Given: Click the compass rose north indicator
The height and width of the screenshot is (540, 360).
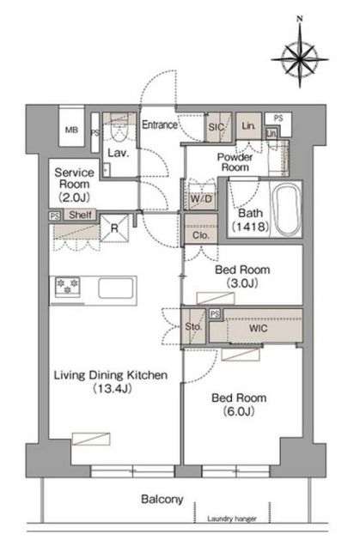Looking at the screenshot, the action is point(300,19).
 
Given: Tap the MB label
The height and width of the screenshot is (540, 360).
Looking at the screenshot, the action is point(71,130).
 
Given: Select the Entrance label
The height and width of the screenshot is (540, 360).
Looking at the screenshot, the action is point(160,124).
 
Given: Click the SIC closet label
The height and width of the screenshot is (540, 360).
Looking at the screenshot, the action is point(217,127).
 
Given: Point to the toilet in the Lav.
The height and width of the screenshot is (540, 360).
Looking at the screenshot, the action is point(119,132).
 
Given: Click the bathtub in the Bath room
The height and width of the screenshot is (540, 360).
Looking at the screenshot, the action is point(284,209).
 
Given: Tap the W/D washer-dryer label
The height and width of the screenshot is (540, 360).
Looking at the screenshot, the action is point(201,198).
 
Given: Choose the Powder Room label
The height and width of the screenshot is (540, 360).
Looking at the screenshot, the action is point(235,162).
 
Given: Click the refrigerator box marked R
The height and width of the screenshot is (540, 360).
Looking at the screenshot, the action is point(114,228).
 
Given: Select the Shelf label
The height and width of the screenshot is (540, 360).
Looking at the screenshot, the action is point(80,215).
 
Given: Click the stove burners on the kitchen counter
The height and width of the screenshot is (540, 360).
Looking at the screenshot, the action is point(67,287).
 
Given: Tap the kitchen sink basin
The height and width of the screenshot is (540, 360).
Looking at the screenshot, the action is point(116,288).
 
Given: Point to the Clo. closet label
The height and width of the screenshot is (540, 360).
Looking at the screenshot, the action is point(201,235).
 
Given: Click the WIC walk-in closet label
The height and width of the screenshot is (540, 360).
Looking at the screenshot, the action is point(258,328).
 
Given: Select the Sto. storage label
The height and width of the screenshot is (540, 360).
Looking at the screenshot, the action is point(193,326).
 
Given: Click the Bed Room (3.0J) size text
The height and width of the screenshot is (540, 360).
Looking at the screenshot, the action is point(242,283).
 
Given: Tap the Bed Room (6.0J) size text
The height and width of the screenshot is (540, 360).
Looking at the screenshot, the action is point(239,411).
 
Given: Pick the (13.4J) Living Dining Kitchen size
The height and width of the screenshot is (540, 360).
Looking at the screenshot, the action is point(113,388).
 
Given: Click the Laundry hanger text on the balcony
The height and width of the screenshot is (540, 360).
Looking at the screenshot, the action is point(231,519).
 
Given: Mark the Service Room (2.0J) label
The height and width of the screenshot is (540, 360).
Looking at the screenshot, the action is point(74,185).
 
